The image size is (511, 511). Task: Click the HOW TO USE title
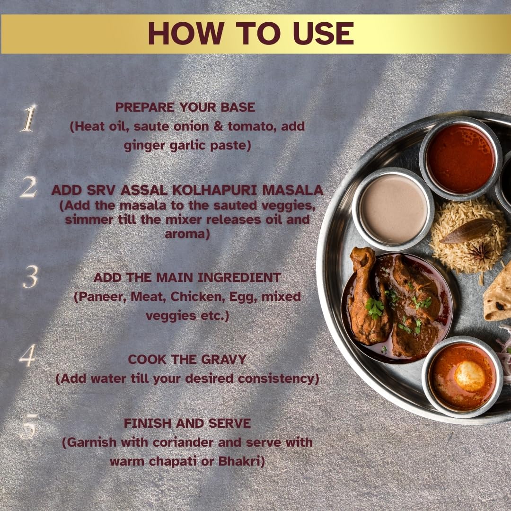click(251, 33)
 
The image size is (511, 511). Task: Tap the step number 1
click(28, 118)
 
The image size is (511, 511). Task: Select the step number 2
click(28, 188)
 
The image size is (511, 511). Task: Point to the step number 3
click(30, 278)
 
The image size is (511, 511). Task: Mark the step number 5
click(28, 429)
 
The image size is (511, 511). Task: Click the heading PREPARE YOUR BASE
click(185, 107)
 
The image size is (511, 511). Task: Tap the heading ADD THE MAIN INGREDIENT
click(187, 277)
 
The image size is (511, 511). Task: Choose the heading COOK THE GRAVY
click(187, 359)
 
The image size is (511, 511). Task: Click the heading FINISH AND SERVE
click(187, 423)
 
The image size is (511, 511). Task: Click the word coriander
click(182, 442)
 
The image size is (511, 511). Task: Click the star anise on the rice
click(480, 252)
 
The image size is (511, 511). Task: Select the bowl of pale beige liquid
click(393, 208)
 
